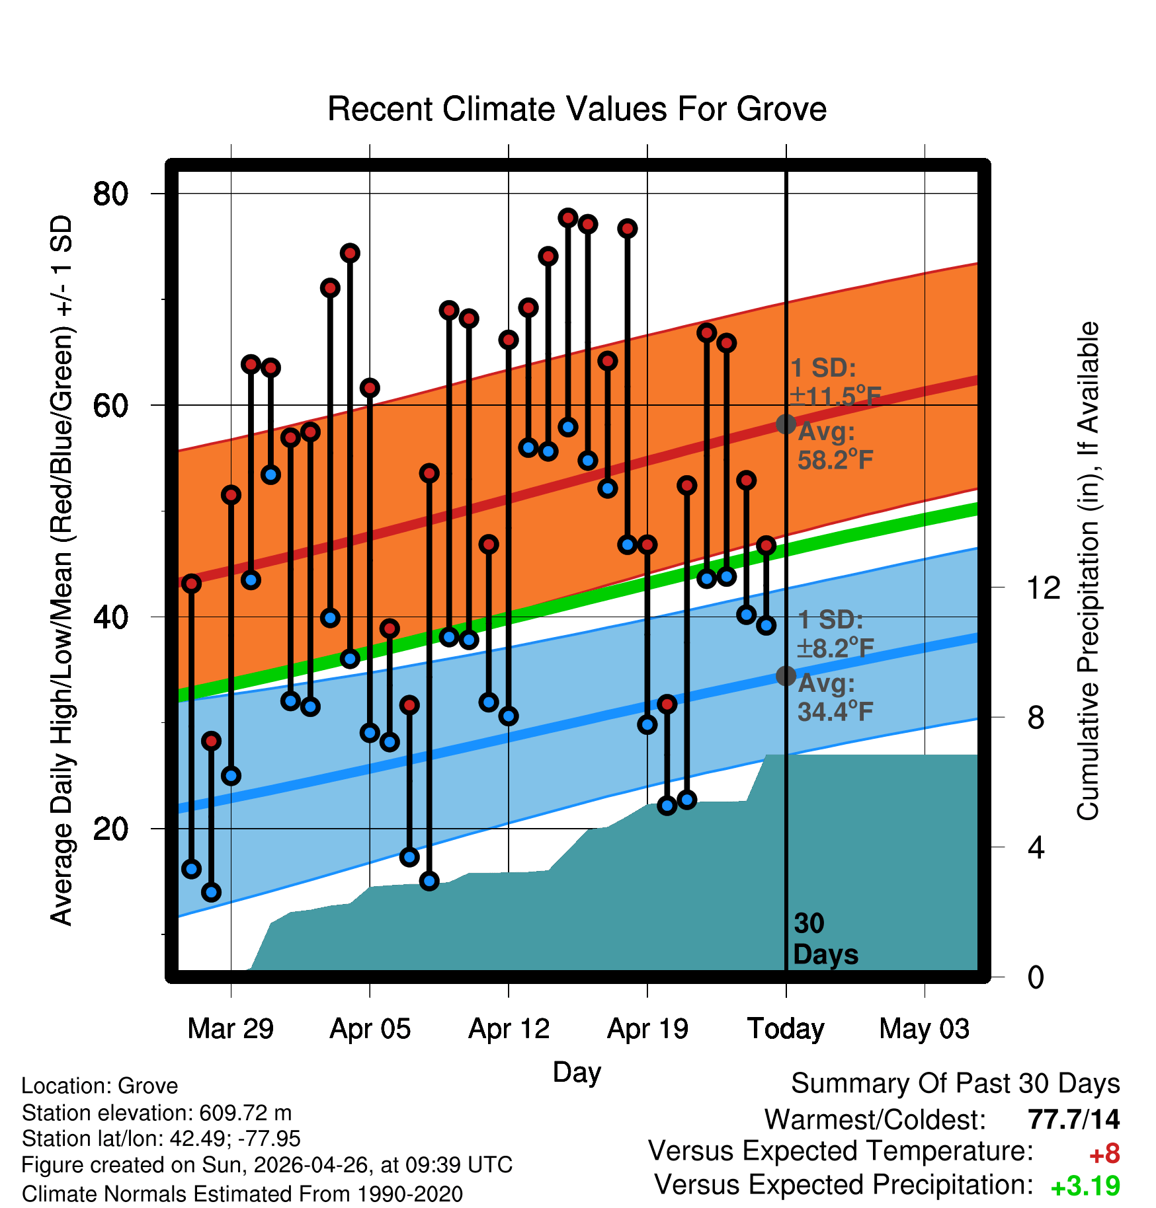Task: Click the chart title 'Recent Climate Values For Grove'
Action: pyautogui.click(x=577, y=109)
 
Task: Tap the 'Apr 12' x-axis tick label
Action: pyautogui.click(x=509, y=1028)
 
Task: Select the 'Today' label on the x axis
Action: pyautogui.click(x=786, y=1028)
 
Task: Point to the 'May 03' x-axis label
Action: pyautogui.click(x=925, y=1028)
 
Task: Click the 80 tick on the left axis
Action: pyautogui.click(x=110, y=194)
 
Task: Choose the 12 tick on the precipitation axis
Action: pyautogui.click(x=1044, y=587)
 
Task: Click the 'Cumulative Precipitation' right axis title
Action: pyautogui.click(x=1088, y=571)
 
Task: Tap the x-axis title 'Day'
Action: pyautogui.click(x=577, y=1072)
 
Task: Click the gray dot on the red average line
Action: pyautogui.click(x=786, y=424)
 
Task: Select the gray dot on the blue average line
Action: pyautogui.click(x=786, y=675)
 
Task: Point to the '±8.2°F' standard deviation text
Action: pyautogui.click(x=835, y=648)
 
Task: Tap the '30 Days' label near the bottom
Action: pyautogui.click(x=825, y=939)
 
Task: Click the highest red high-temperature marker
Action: pyautogui.click(x=568, y=217)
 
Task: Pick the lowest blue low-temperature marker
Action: pyautogui.click(x=211, y=892)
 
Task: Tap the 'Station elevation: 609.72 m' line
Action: pyautogui.click(x=157, y=1113)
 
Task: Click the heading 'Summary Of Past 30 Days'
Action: pyautogui.click(x=956, y=1084)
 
